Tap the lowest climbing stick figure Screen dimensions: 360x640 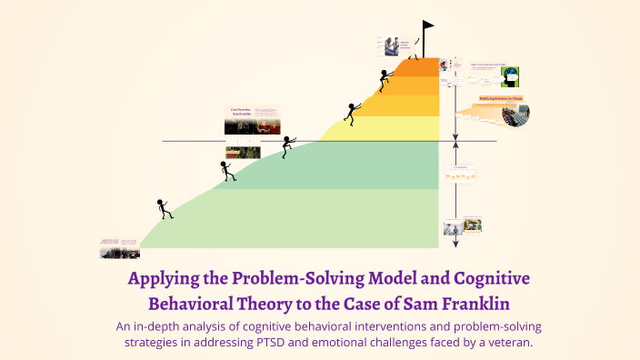tap(164, 209)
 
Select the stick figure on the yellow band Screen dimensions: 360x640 tap(351, 113)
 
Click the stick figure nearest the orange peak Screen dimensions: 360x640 tap(385, 78)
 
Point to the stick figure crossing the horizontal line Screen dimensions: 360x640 tap(288, 145)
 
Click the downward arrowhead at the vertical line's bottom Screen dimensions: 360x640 tap(455, 244)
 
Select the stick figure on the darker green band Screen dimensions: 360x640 tap(226, 170)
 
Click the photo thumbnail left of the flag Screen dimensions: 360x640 tap(393, 45)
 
